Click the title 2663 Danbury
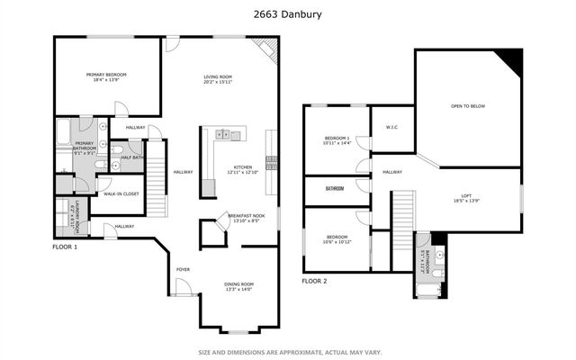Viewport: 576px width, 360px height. pos(288,14)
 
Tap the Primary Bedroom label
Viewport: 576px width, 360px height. pos(106,75)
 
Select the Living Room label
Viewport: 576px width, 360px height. pos(218,77)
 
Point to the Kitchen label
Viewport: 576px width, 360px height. pos(243,167)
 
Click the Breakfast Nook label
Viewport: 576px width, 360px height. pos(246,216)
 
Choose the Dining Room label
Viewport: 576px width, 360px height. pos(238,284)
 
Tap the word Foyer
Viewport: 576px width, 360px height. pos(183,269)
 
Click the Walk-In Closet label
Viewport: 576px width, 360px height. pos(121,193)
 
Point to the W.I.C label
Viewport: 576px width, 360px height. pos(391,126)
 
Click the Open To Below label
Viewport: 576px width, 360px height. pos(468,106)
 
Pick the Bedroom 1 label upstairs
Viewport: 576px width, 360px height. pos(337,138)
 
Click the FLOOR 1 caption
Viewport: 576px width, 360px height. pos(65,246)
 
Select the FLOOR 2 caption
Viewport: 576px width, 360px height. pos(314,281)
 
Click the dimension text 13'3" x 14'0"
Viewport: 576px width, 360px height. pos(238,291)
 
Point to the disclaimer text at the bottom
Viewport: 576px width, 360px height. pos(287,352)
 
